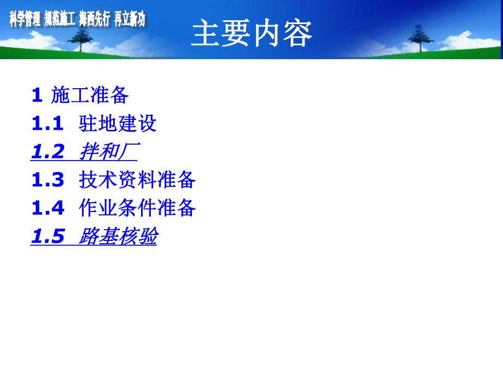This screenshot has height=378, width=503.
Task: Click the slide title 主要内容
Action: point(251,34)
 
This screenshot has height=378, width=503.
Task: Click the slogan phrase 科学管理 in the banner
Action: point(26,20)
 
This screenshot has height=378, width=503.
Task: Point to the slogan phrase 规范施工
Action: point(60,20)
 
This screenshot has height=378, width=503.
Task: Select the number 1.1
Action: point(48,124)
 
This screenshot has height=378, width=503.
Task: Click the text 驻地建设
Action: point(118,124)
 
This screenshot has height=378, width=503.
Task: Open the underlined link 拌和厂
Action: point(108,152)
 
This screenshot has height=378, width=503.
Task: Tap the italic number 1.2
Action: point(48,152)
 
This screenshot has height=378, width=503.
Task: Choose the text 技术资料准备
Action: point(137,180)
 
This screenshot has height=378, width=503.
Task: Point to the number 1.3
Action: point(48,180)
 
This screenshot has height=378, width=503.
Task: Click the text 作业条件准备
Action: point(137,208)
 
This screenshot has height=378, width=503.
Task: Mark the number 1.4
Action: point(48,208)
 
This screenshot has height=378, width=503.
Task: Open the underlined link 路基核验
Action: point(118,237)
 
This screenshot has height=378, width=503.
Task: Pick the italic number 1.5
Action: point(48,237)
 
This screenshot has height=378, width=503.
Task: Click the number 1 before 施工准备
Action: point(37,95)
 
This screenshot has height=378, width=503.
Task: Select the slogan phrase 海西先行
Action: point(95,20)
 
